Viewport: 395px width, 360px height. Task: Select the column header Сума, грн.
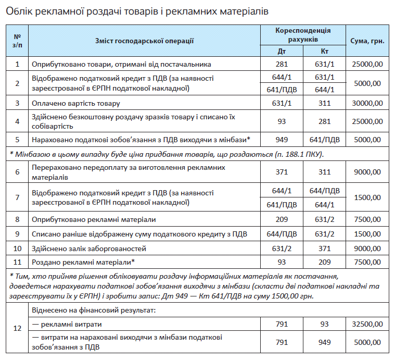click(x=367, y=41)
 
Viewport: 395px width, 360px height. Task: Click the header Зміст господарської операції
click(x=144, y=41)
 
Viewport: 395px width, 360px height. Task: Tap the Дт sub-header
click(x=282, y=51)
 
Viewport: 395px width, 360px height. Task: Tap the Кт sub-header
click(x=325, y=51)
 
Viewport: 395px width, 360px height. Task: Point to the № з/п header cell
click(x=17, y=41)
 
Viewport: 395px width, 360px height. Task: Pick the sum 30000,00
click(x=367, y=103)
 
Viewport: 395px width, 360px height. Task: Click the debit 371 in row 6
click(x=282, y=171)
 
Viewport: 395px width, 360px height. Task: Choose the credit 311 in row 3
click(x=325, y=103)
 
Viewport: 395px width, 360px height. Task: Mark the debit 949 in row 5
click(x=282, y=140)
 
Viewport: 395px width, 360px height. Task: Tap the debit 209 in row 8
click(x=282, y=219)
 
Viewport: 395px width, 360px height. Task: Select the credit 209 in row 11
click(x=325, y=262)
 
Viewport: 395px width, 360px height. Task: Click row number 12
click(x=17, y=329)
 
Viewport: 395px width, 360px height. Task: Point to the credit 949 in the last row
click(x=325, y=342)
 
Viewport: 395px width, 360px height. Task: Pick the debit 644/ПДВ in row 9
click(x=282, y=234)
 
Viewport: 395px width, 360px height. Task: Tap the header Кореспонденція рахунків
click(x=303, y=35)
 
